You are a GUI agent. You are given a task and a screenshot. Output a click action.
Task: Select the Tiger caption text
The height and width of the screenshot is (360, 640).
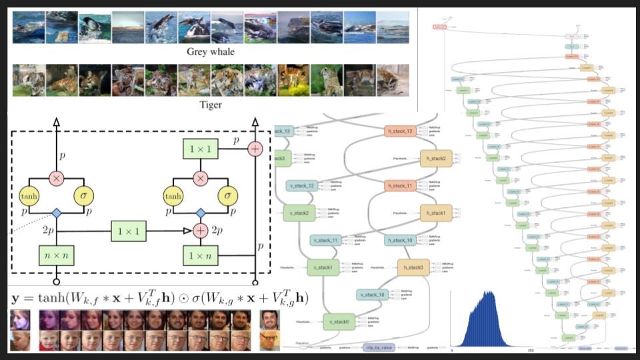tap(211, 105)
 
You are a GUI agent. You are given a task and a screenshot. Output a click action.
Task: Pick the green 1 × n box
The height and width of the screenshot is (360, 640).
tap(200, 255)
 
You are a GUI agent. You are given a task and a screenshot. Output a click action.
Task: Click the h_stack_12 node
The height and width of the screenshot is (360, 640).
tap(400, 131)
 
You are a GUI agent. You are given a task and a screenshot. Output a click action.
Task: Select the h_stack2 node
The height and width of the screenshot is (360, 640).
tap(436, 158)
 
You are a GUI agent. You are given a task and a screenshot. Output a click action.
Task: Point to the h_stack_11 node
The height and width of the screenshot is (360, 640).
tap(400, 185)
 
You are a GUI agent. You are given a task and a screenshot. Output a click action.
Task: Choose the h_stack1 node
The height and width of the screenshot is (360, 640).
tap(436, 213)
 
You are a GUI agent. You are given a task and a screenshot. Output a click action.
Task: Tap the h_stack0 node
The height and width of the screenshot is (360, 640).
tap(414, 267)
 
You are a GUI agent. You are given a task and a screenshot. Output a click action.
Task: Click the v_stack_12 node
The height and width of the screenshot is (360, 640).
tap(301, 186)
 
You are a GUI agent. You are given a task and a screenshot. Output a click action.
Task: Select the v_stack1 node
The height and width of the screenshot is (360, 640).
tap(323, 268)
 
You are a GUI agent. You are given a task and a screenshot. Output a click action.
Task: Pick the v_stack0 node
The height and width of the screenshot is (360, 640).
tap(340, 322)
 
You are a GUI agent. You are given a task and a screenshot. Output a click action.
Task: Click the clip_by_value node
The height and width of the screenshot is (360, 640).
tap(378, 348)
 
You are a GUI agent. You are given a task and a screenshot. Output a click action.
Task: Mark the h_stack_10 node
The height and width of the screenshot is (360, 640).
tap(400, 240)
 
